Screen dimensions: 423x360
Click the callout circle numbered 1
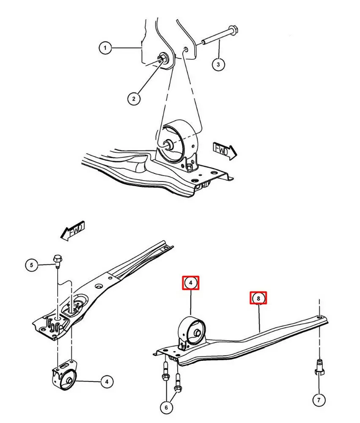105,48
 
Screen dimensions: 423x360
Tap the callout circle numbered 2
133,99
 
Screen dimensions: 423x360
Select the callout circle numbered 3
218,64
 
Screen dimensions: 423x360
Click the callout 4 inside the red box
190,283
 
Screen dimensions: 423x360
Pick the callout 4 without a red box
107,382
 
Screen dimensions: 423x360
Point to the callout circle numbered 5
31,265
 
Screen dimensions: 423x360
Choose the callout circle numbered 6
166,407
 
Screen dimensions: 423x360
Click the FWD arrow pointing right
224,151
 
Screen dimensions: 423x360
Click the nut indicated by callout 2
163,58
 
